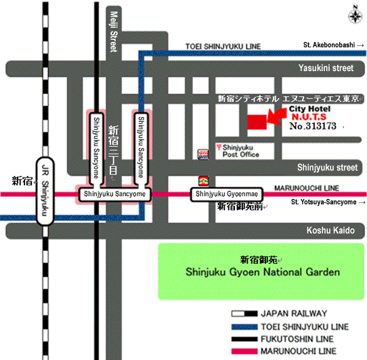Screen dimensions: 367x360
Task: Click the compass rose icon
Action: click(355, 15)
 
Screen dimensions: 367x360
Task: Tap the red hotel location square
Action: click(257, 122)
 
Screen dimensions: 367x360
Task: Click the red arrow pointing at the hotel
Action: click(276, 116)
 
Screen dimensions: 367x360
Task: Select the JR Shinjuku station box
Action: click(45, 191)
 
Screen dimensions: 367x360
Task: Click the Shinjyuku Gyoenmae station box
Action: click(227, 194)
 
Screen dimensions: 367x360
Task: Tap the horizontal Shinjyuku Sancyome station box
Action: click(114, 194)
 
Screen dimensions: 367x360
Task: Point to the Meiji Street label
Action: click(114, 32)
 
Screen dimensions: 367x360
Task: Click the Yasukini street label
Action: click(326, 68)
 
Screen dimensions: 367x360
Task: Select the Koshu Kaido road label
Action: click(330, 230)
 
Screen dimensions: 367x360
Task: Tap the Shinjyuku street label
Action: click(328, 168)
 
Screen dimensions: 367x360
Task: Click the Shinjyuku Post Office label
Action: click(240, 151)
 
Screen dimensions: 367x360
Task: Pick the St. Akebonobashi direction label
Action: click(334, 45)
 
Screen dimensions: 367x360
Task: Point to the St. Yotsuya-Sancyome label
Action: click(328, 202)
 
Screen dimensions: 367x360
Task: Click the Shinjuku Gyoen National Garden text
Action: click(263, 272)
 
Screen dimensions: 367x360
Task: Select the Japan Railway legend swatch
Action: click(244, 314)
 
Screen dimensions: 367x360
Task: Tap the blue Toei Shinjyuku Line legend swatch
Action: click(244, 327)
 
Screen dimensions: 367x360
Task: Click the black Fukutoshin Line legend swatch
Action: click(244, 339)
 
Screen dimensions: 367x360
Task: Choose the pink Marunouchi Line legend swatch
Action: click(244, 351)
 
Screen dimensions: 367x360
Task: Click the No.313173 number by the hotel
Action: click(313, 126)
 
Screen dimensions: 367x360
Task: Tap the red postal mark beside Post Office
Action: click(219, 147)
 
